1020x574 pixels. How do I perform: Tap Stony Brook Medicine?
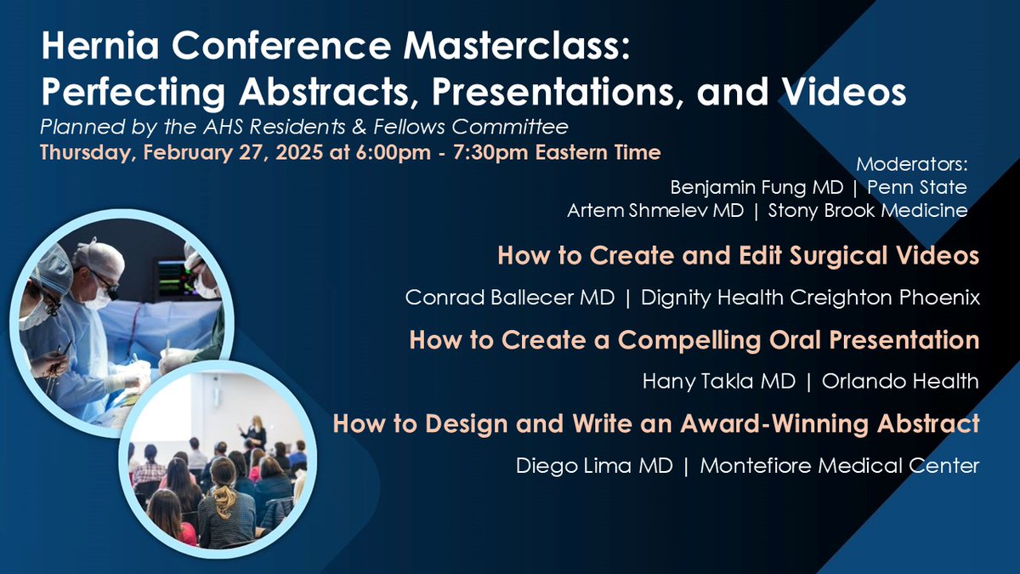point(868,210)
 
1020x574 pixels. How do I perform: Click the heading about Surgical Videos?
point(738,256)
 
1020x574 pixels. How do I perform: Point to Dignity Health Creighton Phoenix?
point(810,298)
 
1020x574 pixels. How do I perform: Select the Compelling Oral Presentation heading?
point(694,340)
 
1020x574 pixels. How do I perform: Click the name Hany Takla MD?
point(719,382)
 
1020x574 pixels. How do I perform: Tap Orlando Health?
point(900,382)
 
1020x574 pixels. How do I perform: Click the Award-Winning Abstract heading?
point(656,423)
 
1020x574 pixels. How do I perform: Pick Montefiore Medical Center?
point(841,465)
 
